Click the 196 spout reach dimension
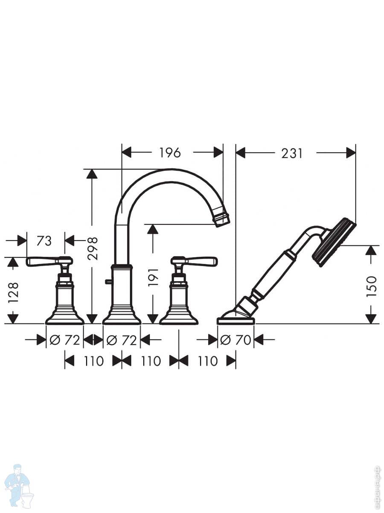[170, 153]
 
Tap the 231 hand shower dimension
[292, 153]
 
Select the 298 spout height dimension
[92, 248]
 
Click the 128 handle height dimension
[13, 292]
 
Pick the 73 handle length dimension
[44, 241]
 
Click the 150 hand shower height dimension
[372, 287]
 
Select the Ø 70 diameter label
[236, 340]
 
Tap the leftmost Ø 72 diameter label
[64, 340]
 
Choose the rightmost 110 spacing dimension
[207, 361]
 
